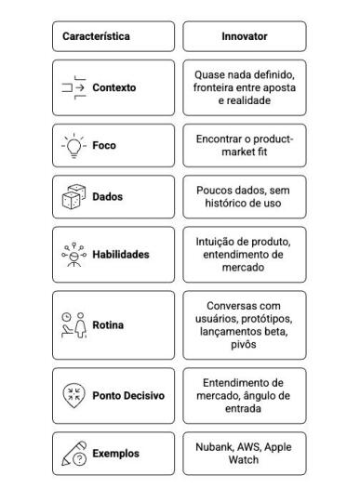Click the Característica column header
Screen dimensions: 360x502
[x=96, y=37]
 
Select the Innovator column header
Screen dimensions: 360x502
[x=243, y=37]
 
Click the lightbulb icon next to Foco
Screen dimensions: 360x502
[x=70, y=145]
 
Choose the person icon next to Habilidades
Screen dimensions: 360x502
[x=69, y=254]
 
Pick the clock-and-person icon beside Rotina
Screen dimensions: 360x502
[x=71, y=325]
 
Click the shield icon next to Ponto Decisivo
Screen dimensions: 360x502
[x=70, y=394]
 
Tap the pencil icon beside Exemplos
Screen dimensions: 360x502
[x=71, y=453]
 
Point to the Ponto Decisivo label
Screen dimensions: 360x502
[x=128, y=394]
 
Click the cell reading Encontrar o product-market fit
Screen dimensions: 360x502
[x=243, y=145]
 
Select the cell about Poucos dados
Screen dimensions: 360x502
[x=243, y=196]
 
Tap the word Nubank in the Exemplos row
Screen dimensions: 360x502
[x=212, y=446]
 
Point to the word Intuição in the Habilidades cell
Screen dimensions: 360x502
[x=213, y=240]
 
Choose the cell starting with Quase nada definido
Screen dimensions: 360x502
[x=243, y=87]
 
